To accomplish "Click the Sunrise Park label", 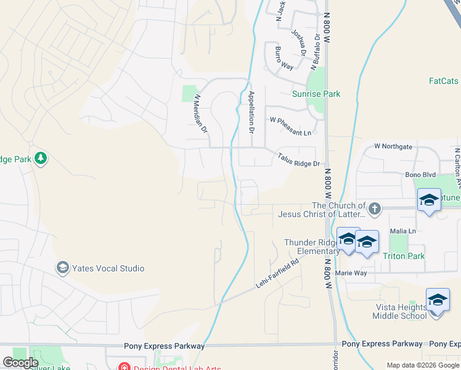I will (x=316, y=94).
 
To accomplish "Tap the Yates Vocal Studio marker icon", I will (x=62, y=268).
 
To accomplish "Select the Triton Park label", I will (x=404, y=256).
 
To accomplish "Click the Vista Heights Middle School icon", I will (x=438, y=300).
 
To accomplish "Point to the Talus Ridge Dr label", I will (x=298, y=160).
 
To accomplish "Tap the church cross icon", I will (x=375, y=208).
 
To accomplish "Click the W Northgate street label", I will (x=393, y=146).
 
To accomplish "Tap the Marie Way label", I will (x=351, y=273).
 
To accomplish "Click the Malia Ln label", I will (x=403, y=231).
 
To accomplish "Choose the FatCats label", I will (x=444, y=81).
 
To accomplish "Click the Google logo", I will (x=20, y=363).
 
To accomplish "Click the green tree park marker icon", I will (x=41, y=158).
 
